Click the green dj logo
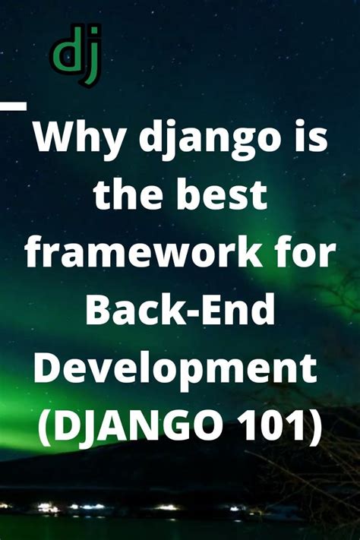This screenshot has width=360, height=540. click(77, 55)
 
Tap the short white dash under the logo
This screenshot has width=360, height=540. click(13, 106)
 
